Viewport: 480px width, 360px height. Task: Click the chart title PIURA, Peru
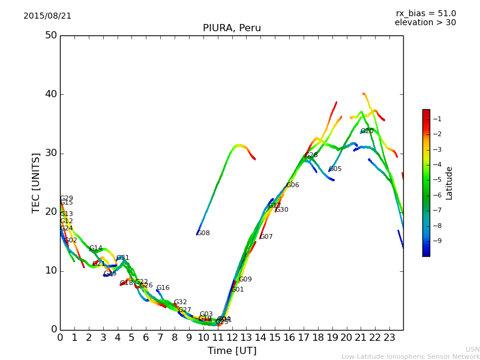(x=232, y=28)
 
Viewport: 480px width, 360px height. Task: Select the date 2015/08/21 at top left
(x=47, y=16)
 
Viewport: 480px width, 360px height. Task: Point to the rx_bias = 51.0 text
(x=425, y=13)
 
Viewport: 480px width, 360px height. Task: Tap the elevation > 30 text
(x=425, y=23)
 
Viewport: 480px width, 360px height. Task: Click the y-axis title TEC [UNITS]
(x=36, y=182)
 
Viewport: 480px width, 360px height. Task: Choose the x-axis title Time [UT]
(x=232, y=351)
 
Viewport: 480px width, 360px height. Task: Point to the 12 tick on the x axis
(x=232, y=337)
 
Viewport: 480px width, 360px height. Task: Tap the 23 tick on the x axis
(x=389, y=337)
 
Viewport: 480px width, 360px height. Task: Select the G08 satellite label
(x=203, y=233)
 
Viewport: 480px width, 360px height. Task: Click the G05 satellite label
(x=335, y=169)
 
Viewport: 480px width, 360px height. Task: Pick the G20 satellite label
(x=367, y=131)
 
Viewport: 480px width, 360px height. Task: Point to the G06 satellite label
(x=292, y=185)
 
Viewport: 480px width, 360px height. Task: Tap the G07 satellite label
(x=266, y=237)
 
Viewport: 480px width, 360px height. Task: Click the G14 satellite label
(x=95, y=248)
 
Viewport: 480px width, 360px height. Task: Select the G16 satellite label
(x=163, y=288)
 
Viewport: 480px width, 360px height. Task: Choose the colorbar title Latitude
(x=449, y=182)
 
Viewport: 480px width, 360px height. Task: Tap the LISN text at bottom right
(x=472, y=349)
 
